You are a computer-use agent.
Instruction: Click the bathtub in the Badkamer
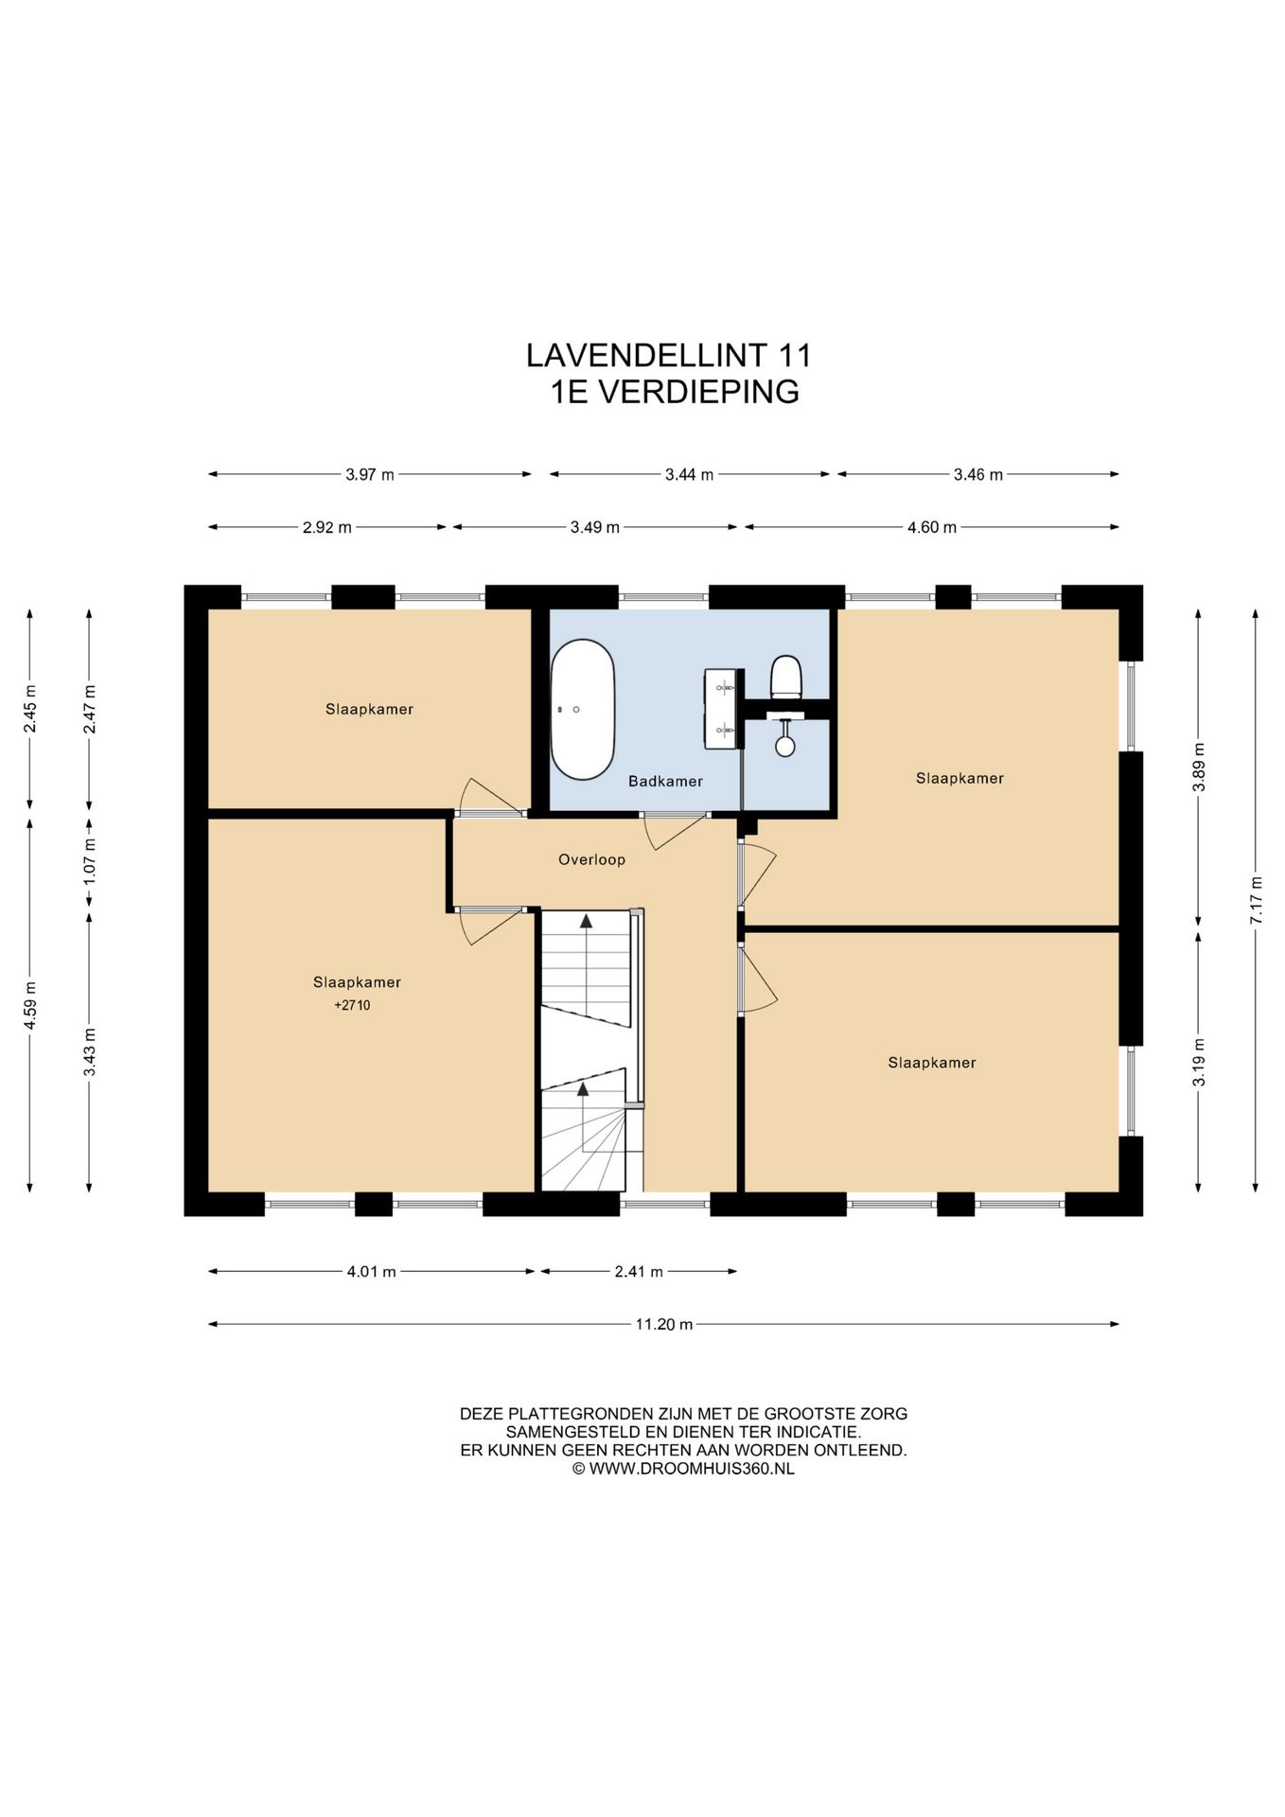[x=583, y=710]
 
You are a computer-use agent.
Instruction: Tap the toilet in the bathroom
[x=786, y=677]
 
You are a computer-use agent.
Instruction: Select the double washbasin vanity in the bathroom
[x=721, y=708]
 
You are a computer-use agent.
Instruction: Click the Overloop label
[x=591, y=860]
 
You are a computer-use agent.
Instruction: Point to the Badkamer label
[x=665, y=782]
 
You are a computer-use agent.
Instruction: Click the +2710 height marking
[x=352, y=1006]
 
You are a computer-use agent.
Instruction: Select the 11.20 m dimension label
[x=664, y=1325]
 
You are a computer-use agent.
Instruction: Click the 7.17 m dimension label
[x=1256, y=900]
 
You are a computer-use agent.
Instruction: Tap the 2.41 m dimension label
[x=639, y=1272]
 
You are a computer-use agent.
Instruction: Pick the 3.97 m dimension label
[x=370, y=475]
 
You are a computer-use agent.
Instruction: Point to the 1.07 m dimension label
[x=89, y=860]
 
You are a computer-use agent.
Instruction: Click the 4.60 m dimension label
[x=932, y=528]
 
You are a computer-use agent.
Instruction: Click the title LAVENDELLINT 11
[x=669, y=356]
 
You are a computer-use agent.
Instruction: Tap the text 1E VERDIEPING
[x=675, y=392]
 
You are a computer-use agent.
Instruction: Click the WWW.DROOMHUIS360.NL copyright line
[x=683, y=1469]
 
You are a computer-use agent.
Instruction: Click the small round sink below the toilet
[x=785, y=744]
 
